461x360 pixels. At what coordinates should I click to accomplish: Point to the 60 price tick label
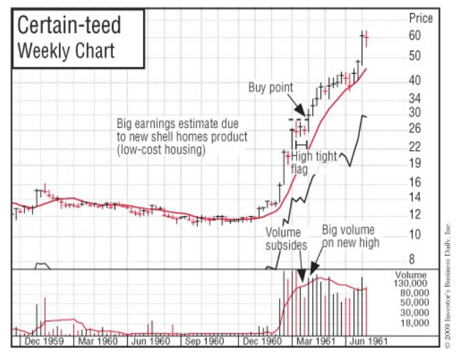[415, 35]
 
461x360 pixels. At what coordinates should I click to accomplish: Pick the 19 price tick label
[415, 164]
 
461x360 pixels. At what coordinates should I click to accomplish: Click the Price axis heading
[420, 18]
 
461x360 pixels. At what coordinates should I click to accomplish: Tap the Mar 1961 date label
[314, 341]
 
